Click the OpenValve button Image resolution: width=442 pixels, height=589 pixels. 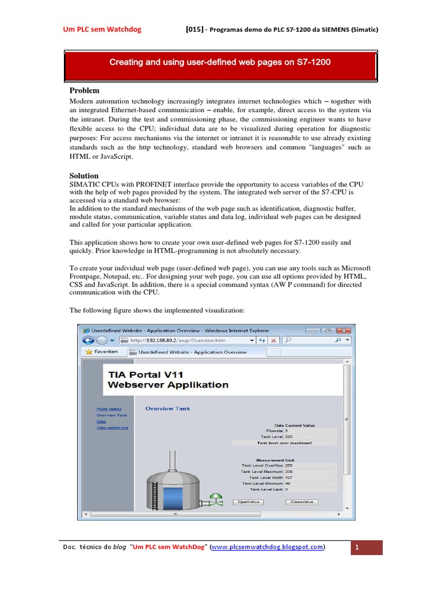[249, 502]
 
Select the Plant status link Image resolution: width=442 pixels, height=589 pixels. [109, 409]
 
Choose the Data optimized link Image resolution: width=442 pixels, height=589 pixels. [112, 427]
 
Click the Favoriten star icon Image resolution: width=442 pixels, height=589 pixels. [89, 351]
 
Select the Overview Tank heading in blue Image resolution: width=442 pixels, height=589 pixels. [167, 408]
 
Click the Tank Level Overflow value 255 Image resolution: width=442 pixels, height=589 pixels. [289, 465]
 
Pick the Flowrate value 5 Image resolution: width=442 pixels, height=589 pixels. [287, 430]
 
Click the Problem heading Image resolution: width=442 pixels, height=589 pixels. [84, 90]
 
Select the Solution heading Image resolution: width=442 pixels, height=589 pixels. [84, 175]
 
